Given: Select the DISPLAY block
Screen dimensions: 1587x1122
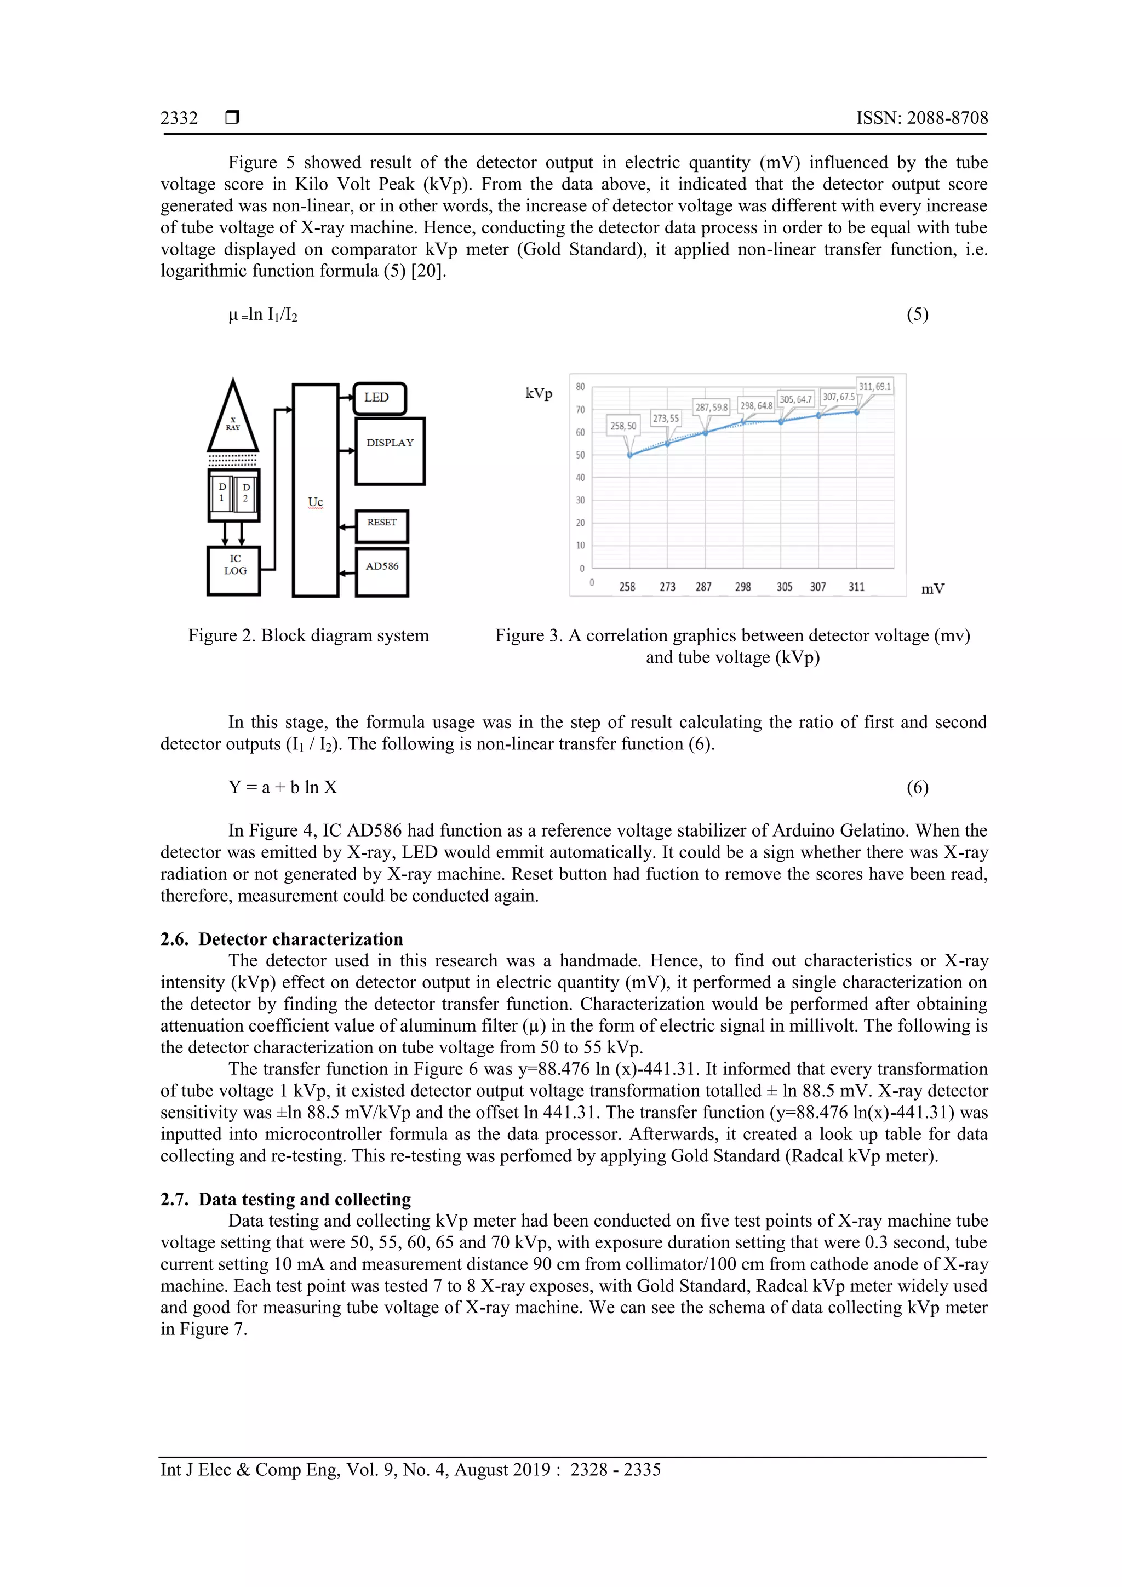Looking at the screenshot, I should click(390, 451).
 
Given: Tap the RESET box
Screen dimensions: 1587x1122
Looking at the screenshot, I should click(382, 526).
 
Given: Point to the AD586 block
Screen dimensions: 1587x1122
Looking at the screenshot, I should click(382, 571).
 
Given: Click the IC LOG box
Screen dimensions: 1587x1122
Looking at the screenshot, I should click(234, 570).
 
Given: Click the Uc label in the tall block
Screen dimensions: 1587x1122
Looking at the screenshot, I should click(315, 502).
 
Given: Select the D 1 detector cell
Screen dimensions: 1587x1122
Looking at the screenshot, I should click(222, 492).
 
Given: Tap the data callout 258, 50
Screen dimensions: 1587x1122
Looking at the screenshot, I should click(623, 426).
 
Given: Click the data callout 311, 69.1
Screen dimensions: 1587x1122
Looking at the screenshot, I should click(874, 386).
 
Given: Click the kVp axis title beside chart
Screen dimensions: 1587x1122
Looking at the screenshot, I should click(539, 394).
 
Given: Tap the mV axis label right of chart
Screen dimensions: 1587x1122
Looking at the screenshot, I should click(932, 589).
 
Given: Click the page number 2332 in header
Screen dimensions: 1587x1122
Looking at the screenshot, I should click(179, 118).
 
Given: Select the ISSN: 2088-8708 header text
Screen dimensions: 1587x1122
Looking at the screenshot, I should click(921, 118).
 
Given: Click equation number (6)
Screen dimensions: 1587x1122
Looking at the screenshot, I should click(917, 787).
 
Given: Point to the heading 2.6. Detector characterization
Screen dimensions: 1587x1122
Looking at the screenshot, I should click(282, 938).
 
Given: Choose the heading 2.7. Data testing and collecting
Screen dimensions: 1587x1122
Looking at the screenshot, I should click(285, 1199).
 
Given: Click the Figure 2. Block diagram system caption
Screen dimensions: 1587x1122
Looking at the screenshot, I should click(308, 635).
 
